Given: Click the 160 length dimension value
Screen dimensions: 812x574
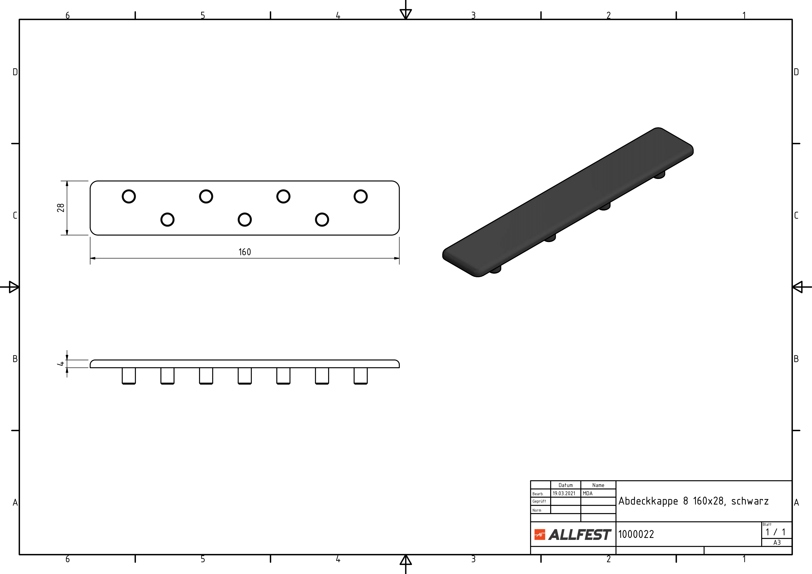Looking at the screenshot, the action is pyautogui.click(x=245, y=252).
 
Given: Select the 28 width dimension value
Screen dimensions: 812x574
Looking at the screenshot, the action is pyautogui.click(x=61, y=208).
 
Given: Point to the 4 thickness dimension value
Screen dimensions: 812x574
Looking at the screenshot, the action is pyautogui.click(x=61, y=364).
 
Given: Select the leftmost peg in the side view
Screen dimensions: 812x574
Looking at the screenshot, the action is pyautogui.click(x=129, y=376).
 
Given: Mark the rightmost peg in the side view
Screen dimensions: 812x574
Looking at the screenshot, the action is pyautogui.click(x=361, y=376).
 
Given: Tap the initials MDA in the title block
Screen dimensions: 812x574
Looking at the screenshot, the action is pyautogui.click(x=587, y=493).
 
